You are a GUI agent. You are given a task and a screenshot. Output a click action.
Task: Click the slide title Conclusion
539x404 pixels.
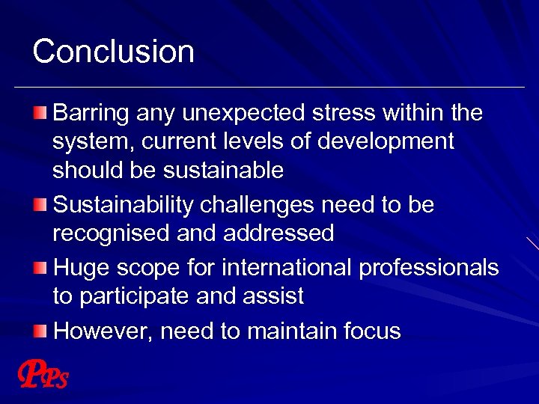pyautogui.click(x=113, y=52)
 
